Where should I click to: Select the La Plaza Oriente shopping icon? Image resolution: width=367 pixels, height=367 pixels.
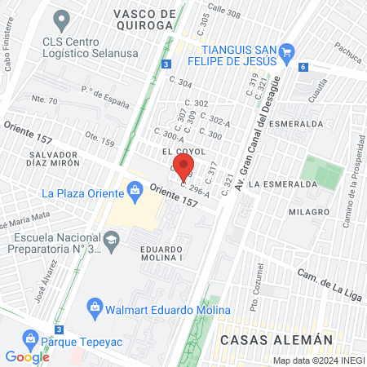[136, 193]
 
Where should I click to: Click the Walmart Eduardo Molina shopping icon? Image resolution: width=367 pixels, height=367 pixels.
[95, 309]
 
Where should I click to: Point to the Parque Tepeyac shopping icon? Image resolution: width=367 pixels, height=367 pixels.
[30, 337]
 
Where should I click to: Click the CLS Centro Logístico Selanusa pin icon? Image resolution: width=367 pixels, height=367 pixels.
[60, 17]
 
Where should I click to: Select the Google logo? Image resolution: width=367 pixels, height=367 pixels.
[27, 356]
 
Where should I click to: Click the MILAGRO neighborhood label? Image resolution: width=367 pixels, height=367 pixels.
[307, 211]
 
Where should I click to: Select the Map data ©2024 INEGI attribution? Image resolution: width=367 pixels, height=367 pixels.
[317, 360]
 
